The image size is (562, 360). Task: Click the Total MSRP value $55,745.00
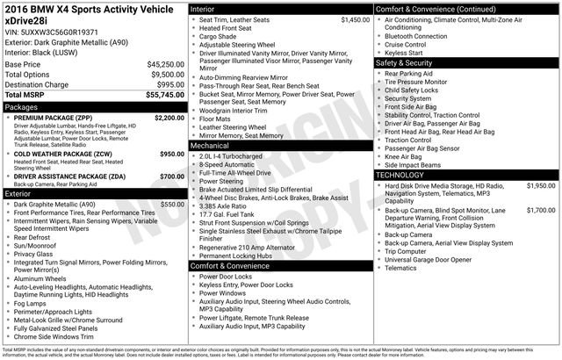click(x=159, y=92)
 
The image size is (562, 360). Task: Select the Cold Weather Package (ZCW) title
click(x=62, y=153)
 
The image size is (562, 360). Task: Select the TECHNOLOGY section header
click(x=401, y=175)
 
